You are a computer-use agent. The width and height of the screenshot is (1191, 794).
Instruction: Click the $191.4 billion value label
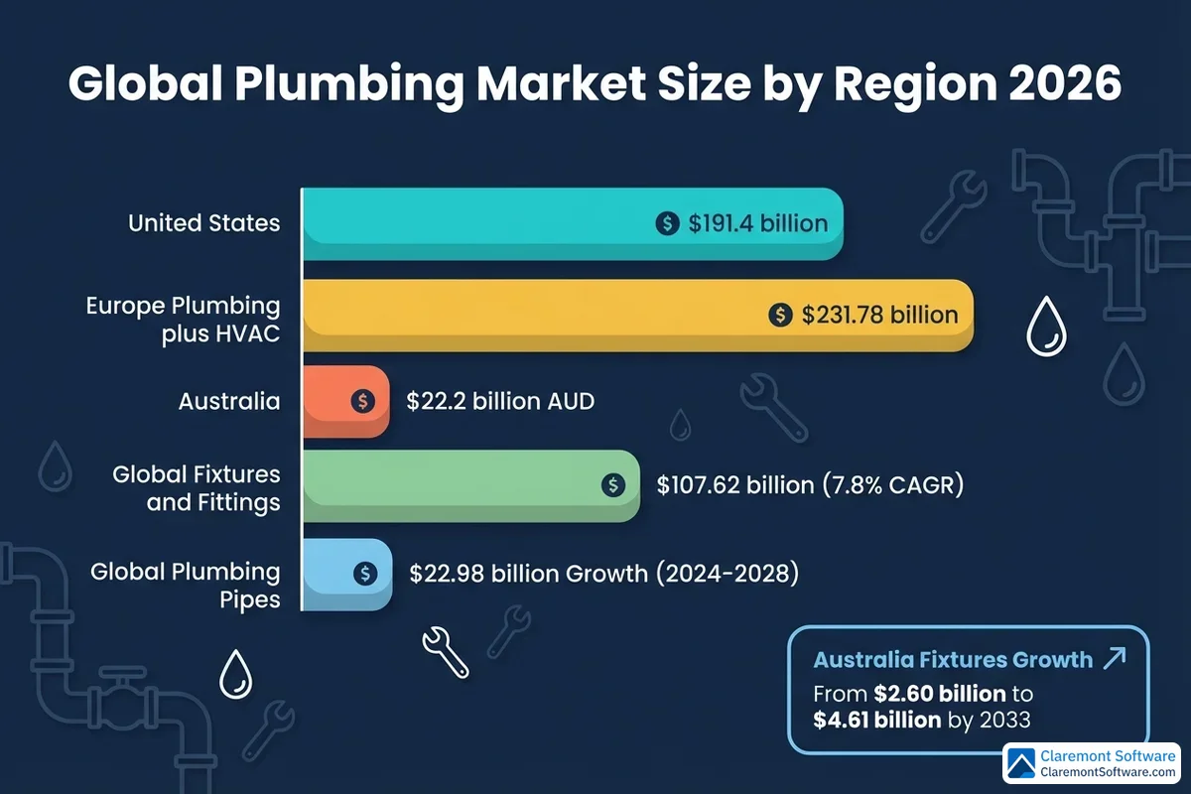click(758, 223)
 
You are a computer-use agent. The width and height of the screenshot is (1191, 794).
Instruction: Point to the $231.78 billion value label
click(879, 316)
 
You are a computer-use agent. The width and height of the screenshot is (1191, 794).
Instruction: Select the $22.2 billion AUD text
click(500, 402)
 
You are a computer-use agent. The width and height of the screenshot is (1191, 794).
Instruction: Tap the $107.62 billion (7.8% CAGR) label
click(810, 485)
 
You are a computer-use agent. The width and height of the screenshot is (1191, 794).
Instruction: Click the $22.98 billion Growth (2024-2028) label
click(603, 573)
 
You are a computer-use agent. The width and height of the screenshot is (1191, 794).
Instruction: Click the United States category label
click(203, 223)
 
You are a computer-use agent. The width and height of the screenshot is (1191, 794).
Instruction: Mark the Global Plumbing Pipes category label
click(185, 586)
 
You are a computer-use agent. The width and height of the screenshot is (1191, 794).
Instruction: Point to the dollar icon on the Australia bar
click(363, 401)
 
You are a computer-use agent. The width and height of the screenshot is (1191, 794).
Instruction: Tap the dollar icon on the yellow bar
click(781, 316)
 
